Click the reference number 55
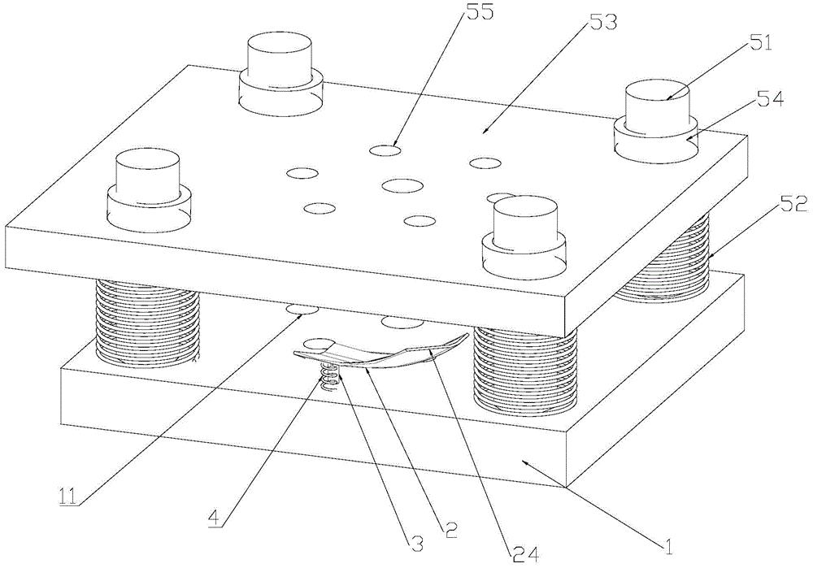click(480, 11)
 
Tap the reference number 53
click(603, 22)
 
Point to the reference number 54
click(769, 98)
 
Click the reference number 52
click(793, 205)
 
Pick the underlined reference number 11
click(67, 496)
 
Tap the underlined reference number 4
click(212, 518)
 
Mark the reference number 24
click(525, 555)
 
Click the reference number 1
click(668, 546)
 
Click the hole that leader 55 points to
click(385, 150)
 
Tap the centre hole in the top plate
click(403, 185)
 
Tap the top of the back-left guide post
click(280, 44)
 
